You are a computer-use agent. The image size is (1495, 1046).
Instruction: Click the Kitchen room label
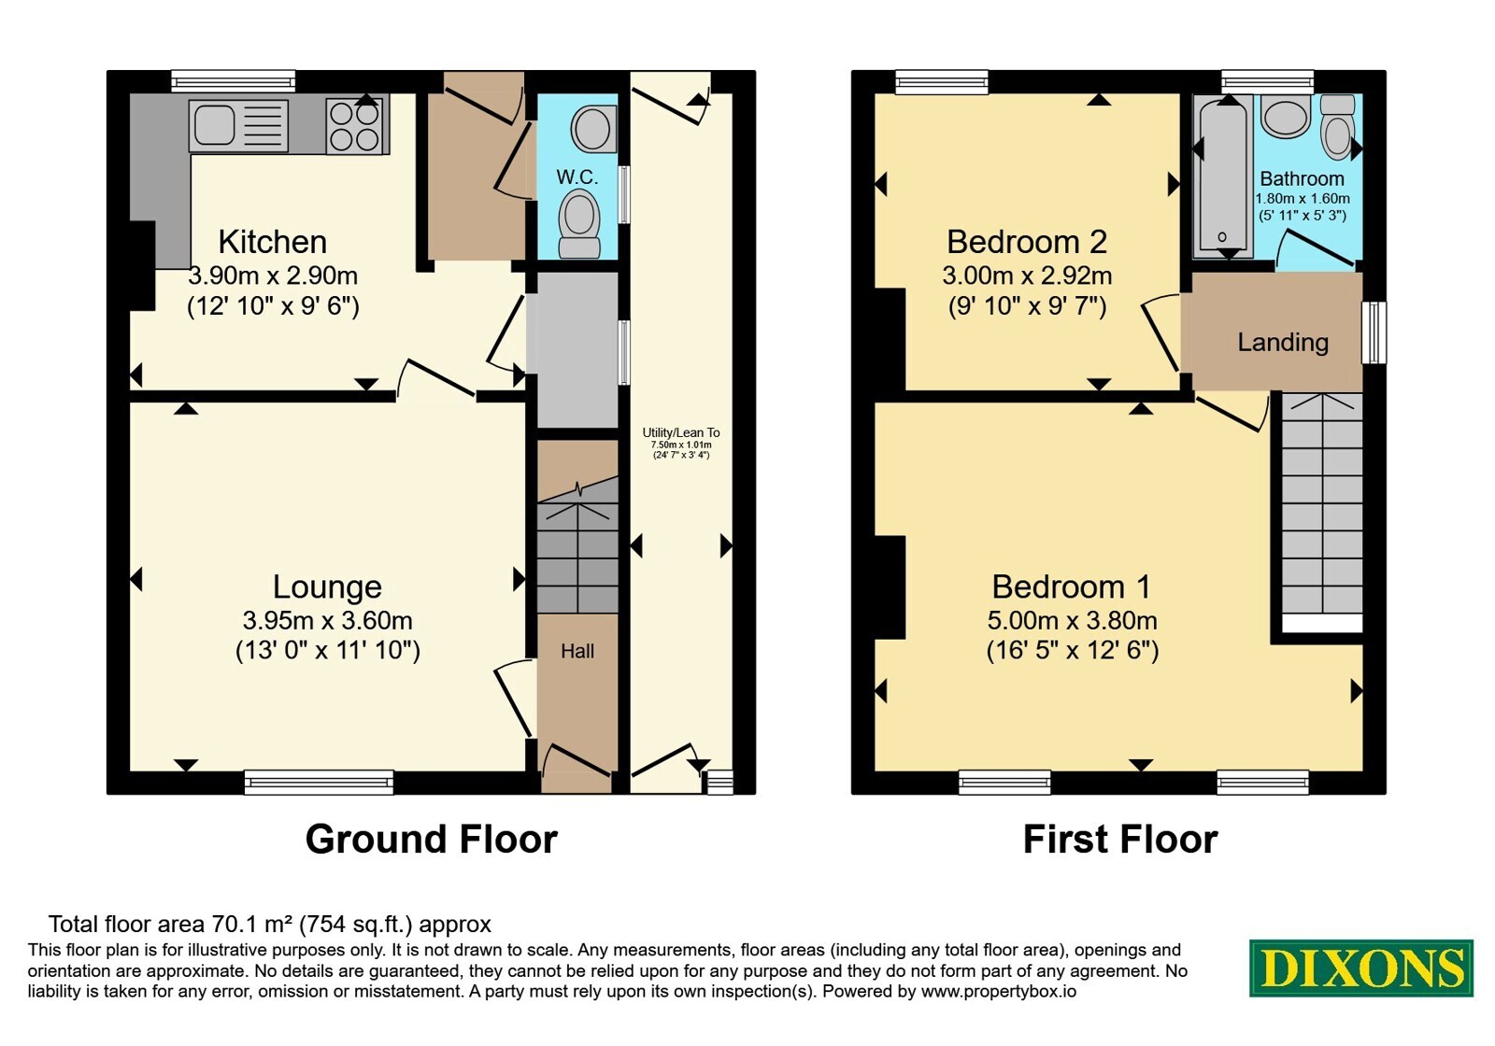(x=272, y=242)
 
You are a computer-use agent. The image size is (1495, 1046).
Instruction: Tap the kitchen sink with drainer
(x=239, y=125)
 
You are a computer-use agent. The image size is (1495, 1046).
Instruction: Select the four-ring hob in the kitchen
(x=354, y=126)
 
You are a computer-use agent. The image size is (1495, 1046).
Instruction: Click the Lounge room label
(x=327, y=587)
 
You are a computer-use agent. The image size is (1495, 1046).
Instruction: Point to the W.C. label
(x=577, y=177)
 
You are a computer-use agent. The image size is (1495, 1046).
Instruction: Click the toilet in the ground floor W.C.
(x=578, y=223)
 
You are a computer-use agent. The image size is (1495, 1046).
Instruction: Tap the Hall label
(x=577, y=651)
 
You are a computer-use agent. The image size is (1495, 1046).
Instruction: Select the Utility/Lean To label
(x=681, y=432)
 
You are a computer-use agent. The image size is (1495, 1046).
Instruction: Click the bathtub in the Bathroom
(x=1223, y=177)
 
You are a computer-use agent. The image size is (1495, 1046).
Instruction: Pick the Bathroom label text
(x=1302, y=178)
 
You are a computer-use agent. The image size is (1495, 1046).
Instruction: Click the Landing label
(x=1283, y=342)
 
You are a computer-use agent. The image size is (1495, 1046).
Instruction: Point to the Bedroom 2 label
(x=1027, y=242)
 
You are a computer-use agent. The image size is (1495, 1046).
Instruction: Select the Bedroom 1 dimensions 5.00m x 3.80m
(x=1072, y=620)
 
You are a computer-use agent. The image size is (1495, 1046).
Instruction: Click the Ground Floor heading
(x=431, y=840)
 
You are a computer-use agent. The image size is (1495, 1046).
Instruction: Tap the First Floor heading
(x=1120, y=840)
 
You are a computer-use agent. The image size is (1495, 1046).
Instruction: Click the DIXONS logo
(x=1360, y=968)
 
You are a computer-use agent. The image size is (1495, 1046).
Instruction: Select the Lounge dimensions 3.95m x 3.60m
(x=327, y=620)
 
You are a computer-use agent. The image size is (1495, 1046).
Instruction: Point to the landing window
(x=1374, y=332)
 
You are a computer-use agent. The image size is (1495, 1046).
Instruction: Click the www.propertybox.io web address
(x=999, y=991)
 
